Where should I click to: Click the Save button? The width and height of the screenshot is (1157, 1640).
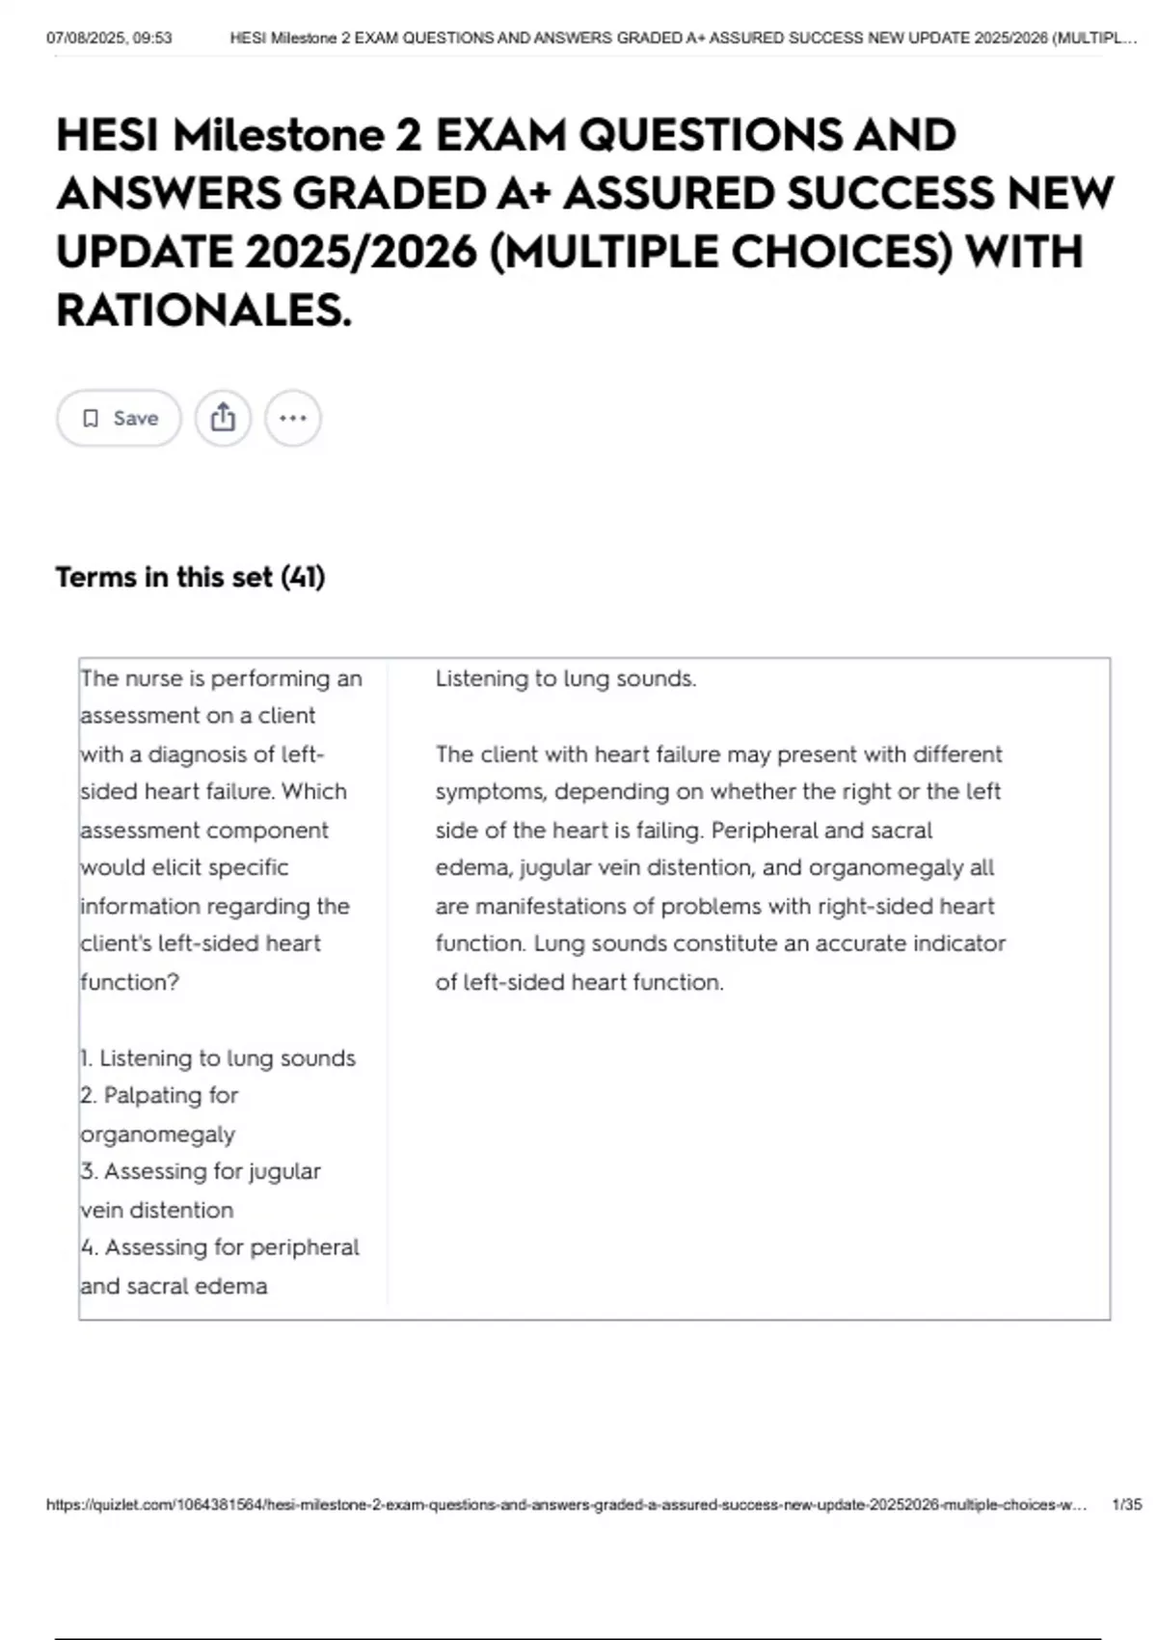coord(119,418)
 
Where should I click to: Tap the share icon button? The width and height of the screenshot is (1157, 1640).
coord(223,418)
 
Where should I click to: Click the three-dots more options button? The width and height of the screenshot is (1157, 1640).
coord(292,418)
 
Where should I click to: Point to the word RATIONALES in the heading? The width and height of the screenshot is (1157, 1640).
coord(203,311)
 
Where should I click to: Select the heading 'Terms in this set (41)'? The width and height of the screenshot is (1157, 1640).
coord(190,577)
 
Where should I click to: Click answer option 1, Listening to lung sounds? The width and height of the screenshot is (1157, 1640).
coord(218,1058)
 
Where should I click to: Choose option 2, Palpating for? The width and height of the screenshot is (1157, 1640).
coord(159,1096)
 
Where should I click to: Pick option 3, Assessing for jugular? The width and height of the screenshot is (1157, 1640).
coord(201,1171)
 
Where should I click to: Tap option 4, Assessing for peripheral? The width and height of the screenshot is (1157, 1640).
coord(220,1247)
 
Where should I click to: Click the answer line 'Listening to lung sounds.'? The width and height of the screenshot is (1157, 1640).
coord(565,678)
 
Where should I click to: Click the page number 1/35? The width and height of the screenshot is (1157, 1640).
coord(1126,1505)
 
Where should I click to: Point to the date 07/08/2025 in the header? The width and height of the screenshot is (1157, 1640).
coord(83,39)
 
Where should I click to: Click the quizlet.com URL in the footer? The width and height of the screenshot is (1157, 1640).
coord(565,1505)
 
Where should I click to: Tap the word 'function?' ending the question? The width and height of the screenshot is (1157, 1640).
coord(129,982)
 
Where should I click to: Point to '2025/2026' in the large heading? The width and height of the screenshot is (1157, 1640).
coord(362,253)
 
